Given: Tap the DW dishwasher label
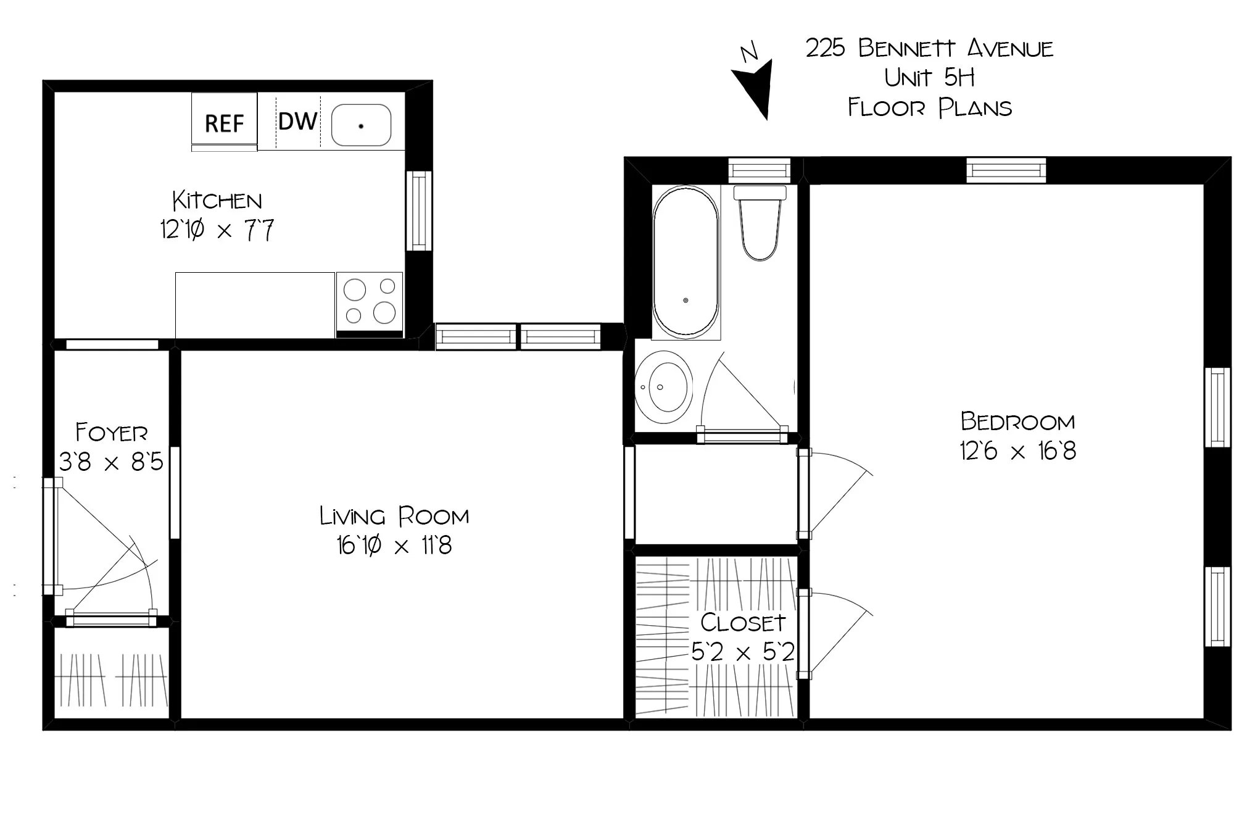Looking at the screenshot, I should pos(297,122).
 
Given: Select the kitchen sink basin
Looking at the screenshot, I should pos(361,125).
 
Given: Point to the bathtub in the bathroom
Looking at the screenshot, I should pos(685,262).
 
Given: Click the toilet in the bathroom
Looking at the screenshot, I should pos(760,225).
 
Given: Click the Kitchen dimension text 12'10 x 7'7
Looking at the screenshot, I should pos(217,230).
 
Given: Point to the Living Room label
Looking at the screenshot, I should pos(394,516).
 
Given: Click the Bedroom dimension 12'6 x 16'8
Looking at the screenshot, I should pos(1017,451).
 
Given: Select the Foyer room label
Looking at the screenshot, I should pos(112,433).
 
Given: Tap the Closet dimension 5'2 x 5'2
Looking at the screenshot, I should pos(742,652).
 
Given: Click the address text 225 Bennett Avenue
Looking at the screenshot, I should pos(929,48).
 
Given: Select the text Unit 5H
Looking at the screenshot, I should pos(929,78).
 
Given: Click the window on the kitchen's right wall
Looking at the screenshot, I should pos(418,211).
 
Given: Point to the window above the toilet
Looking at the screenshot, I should pos(759,170).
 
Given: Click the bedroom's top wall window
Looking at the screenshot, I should pos(1006,170).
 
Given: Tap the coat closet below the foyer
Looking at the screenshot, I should pos(112,674).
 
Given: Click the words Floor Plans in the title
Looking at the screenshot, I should pos(929,108).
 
